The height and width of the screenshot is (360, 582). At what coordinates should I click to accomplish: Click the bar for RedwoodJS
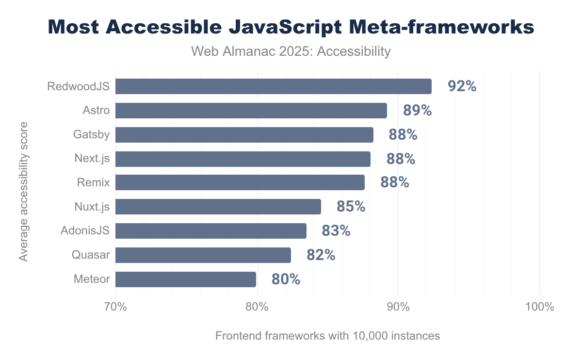pos(273,86)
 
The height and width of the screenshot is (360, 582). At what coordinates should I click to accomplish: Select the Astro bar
pos(251,111)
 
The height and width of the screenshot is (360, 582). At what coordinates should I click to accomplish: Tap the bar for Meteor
pos(185,279)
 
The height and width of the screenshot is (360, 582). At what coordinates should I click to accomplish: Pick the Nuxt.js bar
pos(218,207)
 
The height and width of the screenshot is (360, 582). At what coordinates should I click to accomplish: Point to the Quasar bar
pos(203,255)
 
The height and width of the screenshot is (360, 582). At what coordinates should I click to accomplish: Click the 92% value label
pos(462,86)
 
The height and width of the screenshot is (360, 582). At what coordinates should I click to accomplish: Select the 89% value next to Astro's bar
pos(417,111)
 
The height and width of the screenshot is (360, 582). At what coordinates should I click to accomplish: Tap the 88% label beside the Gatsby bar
pos(403,135)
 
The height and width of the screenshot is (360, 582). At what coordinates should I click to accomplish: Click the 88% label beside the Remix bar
pos(394,183)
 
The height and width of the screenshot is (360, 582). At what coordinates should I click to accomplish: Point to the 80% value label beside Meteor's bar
pos(286,279)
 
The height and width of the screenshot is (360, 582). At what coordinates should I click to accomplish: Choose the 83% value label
pos(336,231)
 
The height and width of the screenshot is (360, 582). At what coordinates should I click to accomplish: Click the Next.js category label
pos(92,159)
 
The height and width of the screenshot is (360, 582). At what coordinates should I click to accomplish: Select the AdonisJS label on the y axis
pos(85,231)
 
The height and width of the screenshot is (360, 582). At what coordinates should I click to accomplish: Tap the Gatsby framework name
pos(92,135)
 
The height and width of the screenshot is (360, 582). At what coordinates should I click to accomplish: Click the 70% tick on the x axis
pos(115,307)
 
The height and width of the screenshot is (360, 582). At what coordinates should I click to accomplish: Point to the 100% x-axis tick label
pos(539,307)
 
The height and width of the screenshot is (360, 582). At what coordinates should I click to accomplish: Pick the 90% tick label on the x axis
pos(398,307)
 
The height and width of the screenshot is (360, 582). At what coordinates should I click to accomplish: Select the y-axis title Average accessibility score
pos(23,192)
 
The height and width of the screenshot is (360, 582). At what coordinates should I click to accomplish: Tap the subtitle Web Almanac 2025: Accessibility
pos(291,51)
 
